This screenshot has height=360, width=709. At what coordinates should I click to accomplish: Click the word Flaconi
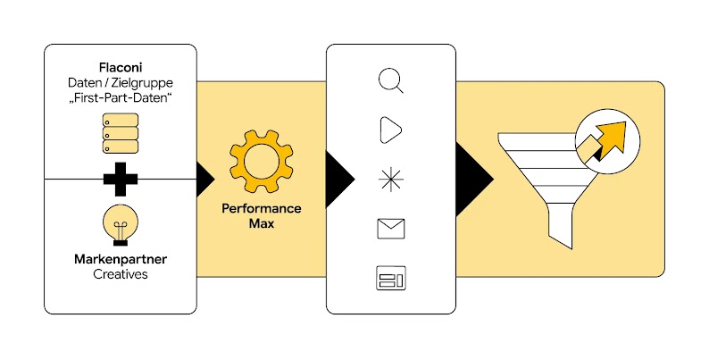[x=120, y=67]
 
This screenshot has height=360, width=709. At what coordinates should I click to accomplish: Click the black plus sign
[x=120, y=179]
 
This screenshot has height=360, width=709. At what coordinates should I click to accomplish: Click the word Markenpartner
[x=120, y=259]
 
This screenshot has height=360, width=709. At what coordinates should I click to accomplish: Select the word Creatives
[x=120, y=274]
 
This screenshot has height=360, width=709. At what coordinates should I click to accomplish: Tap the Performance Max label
[x=261, y=215]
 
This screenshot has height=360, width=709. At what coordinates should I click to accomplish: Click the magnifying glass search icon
[x=391, y=81]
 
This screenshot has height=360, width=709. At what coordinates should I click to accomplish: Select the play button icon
[x=391, y=130]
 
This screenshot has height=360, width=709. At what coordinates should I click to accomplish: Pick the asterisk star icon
[x=391, y=179]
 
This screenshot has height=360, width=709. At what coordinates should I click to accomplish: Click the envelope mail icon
[x=391, y=229]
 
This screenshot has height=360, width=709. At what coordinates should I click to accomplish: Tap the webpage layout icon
[x=391, y=279]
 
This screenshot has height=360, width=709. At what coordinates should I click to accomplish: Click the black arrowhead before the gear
[x=204, y=178]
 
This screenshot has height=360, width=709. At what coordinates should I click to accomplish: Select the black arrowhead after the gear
[x=338, y=171]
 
